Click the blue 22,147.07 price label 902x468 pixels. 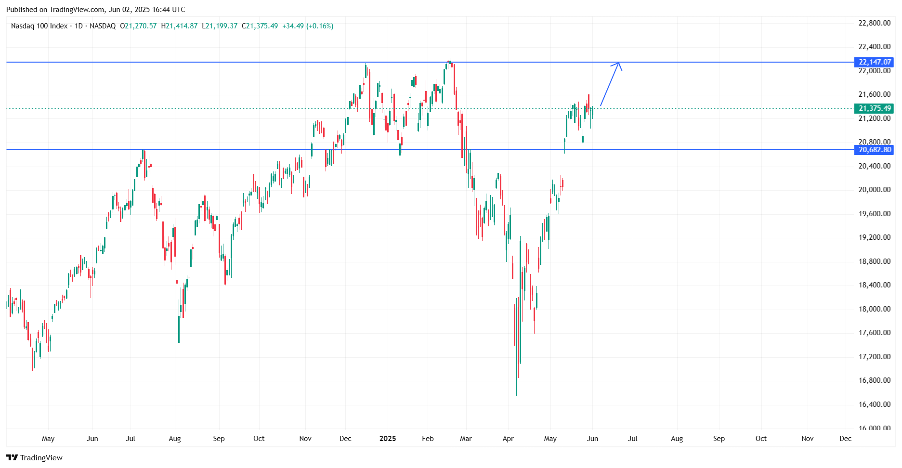[875, 62]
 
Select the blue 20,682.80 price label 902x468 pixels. [875, 150]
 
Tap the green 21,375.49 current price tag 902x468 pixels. [875, 108]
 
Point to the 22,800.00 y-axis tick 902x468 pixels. [874, 23]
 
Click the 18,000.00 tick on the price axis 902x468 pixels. [874, 309]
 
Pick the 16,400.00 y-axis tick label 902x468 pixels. [874, 404]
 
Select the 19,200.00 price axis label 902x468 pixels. [874, 237]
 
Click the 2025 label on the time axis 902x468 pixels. [388, 439]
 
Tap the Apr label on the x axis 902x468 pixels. [508, 439]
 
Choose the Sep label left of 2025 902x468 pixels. [219, 439]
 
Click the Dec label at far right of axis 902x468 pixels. [845, 439]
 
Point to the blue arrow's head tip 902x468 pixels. [619, 63]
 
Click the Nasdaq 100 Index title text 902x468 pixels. [39, 26]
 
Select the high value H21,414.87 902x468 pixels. [179, 26]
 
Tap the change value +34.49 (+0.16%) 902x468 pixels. [308, 26]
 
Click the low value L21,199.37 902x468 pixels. [220, 26]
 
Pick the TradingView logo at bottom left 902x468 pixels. [34, 457]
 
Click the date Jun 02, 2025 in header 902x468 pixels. [129, 10]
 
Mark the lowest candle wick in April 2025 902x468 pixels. [516, 395]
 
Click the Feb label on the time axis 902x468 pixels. [428, 439]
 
